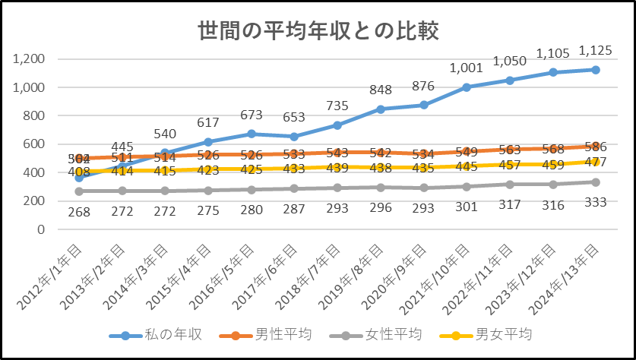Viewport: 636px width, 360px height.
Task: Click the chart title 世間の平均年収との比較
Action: coord(318,31)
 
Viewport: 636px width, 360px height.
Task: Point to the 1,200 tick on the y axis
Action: coord(31,59)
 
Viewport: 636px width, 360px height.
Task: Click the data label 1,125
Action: coord(595,51)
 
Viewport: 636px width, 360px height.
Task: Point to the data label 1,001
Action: coord(466,68)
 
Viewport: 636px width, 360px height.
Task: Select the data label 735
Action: coord(337,106)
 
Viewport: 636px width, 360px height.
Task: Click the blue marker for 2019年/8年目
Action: coord(380,109)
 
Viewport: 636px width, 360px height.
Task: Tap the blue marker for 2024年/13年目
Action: coord(596,70)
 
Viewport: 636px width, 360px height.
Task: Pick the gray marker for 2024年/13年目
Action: coord(596,182)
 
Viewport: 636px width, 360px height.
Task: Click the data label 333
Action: coord(596,201)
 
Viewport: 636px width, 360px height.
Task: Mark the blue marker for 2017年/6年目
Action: coord(294,137)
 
